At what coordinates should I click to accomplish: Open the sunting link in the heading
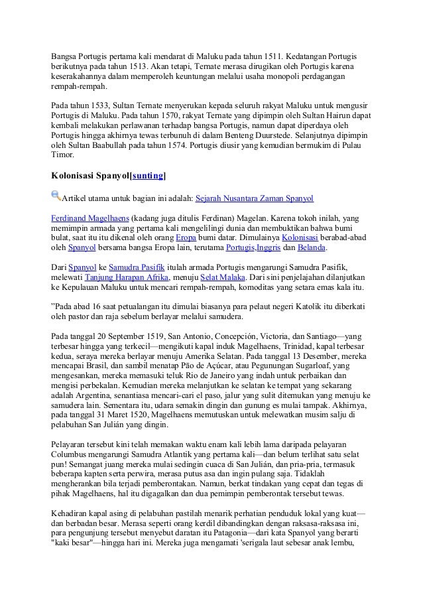click(148, 176)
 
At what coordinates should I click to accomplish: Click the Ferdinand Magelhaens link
click(90, 217)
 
